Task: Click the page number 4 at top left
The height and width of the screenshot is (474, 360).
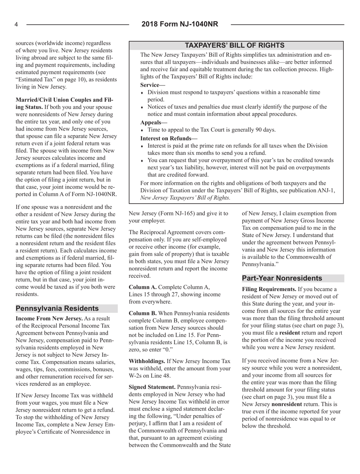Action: [x=17, y=25]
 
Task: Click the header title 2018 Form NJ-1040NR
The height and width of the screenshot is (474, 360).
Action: [x=180, y=25]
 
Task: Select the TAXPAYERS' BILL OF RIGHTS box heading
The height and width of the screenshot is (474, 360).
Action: [x=237, y=45]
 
